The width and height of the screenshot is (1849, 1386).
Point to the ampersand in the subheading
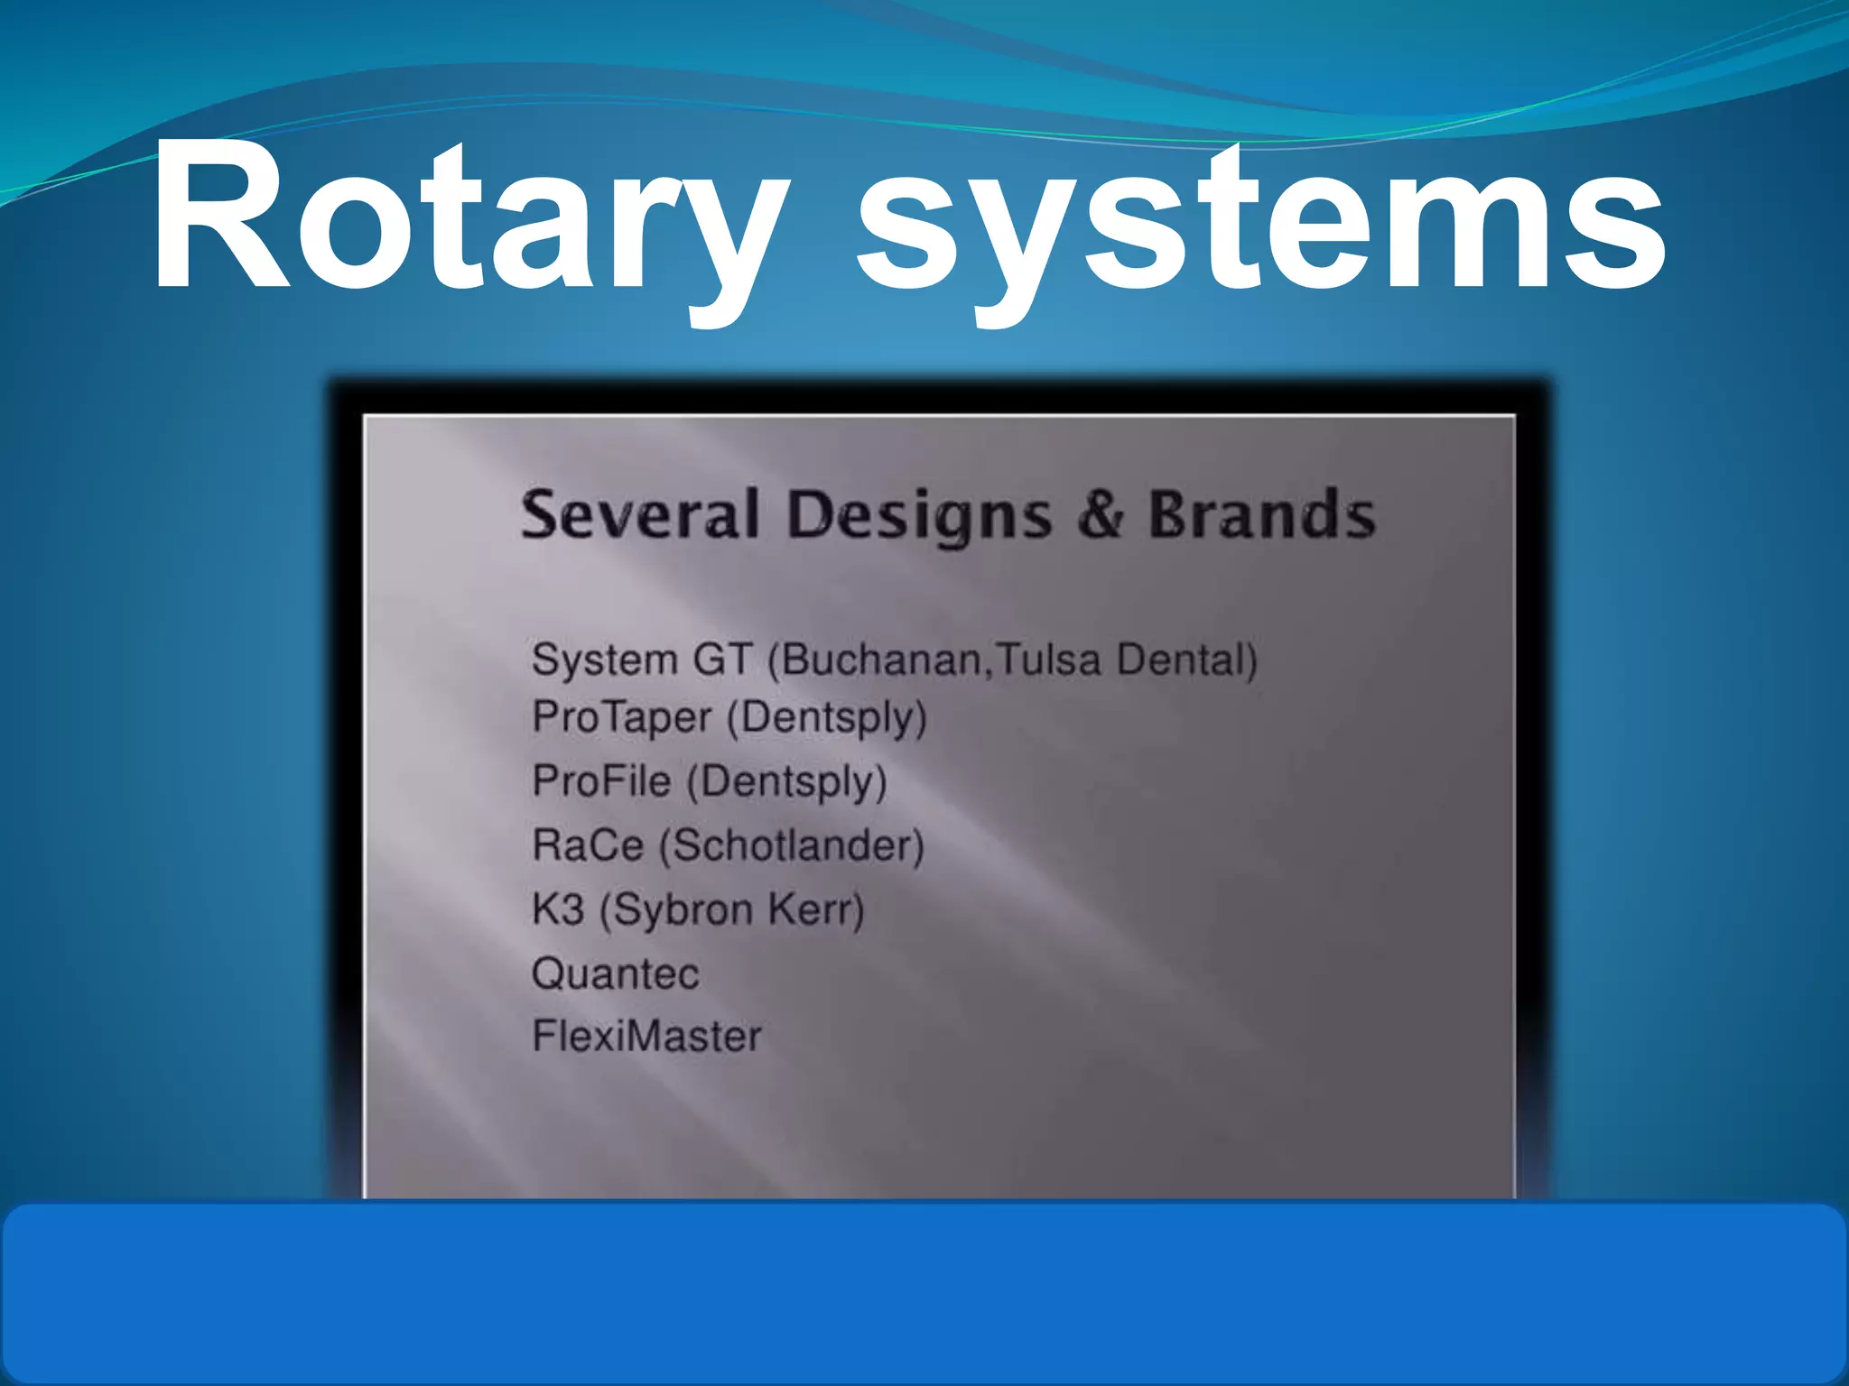coord(1100,514)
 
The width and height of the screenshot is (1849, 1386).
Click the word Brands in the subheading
coord(1261,514)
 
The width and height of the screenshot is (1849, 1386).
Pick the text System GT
coord(641,659)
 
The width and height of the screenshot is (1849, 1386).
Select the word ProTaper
coord(622,718)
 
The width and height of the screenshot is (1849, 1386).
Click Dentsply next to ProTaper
coord(827,718)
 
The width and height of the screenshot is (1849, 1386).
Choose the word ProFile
coord(602,781)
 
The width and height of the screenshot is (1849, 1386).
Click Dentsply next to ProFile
coord(786,781)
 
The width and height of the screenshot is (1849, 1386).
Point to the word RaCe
coord(588,845)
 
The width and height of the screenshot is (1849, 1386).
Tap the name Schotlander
coord(792,845)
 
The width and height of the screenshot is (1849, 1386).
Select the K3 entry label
coord(558,909)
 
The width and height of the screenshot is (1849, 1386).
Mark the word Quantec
coord(616,974)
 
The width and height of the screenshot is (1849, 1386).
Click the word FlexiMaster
coord(646,1036)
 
